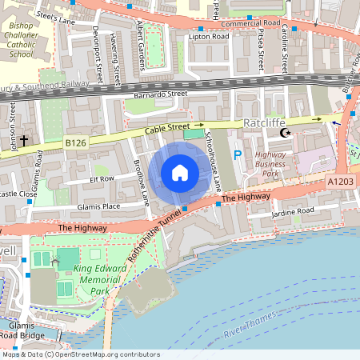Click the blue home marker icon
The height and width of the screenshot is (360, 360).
(180, 173)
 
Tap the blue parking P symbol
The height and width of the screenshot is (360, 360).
(236, 154)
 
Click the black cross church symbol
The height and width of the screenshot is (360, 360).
(24, 141)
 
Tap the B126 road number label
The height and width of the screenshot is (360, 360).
(75, 142)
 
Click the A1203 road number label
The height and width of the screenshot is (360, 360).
(341, 182)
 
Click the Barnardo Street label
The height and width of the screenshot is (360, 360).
(159, 94)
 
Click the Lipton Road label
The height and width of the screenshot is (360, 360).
(207, 37)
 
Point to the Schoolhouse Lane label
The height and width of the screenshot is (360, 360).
(214, 160)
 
